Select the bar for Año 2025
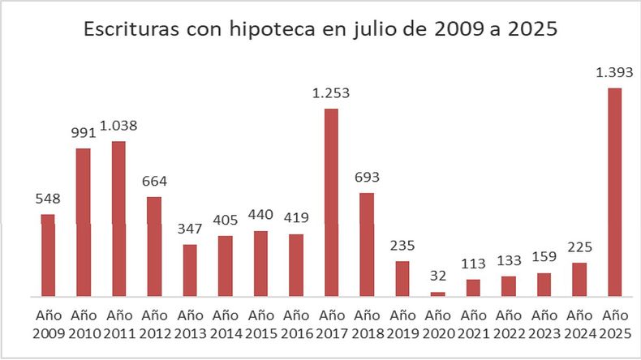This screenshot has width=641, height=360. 614,191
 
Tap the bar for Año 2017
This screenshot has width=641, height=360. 331,203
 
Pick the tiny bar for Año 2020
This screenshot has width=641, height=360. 437,294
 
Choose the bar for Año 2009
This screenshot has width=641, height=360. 48,255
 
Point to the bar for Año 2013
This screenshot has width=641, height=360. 189,270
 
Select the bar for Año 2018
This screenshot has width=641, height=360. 367,244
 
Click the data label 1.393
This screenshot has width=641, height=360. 614,73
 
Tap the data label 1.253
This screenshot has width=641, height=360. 331,94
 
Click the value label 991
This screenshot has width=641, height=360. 83,134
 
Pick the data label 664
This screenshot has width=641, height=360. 154,182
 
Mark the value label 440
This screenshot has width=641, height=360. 260,216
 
